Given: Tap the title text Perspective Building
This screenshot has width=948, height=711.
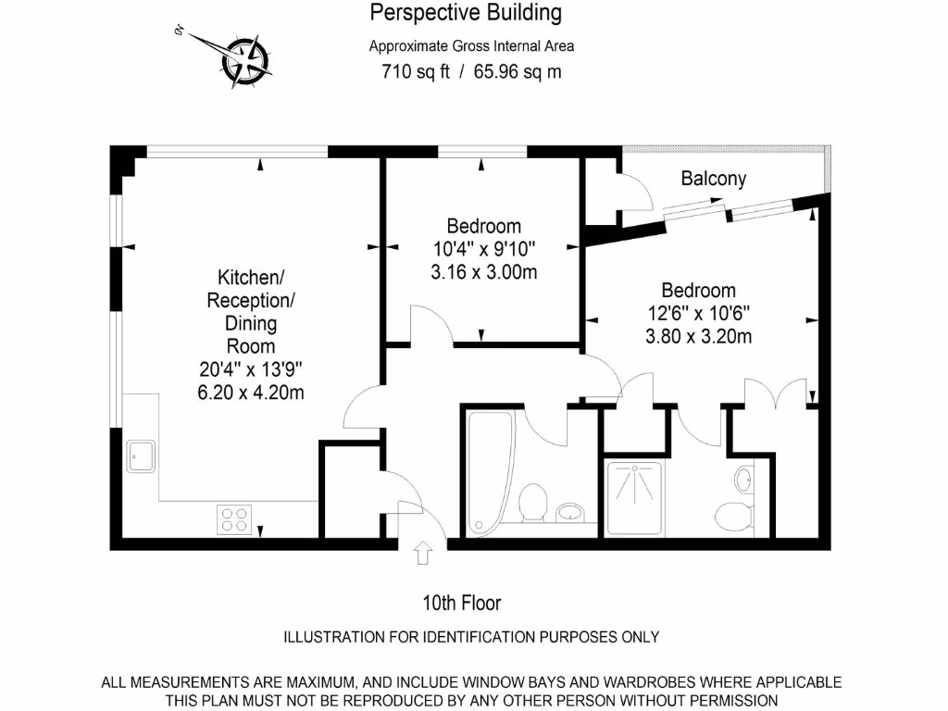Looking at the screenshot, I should [466, 13].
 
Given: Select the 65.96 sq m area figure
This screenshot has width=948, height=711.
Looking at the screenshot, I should [518, 71].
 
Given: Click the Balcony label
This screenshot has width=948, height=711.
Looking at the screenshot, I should [713, 179].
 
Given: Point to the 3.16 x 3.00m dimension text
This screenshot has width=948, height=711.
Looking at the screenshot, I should [484, 272].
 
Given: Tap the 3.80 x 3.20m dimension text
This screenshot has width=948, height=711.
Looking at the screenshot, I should [698, 337].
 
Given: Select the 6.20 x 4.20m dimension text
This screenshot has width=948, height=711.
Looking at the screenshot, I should [251, 392].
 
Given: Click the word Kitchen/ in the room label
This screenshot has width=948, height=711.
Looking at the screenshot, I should [250, 277].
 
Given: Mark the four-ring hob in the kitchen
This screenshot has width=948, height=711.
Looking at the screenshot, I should [234, 518].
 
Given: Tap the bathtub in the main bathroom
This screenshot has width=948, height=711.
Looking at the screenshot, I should [482, 473].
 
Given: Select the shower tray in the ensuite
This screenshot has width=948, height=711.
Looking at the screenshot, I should [634, 498].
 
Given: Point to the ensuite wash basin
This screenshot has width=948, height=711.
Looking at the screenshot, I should [744, 480].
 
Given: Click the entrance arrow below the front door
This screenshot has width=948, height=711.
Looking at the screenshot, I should [423, 554].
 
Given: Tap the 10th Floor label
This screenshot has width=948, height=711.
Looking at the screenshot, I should [461, 604].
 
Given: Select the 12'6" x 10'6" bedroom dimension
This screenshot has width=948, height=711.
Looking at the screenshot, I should [698, 314].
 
